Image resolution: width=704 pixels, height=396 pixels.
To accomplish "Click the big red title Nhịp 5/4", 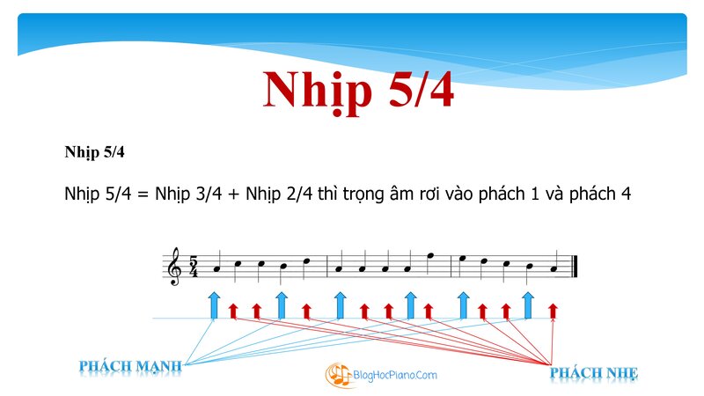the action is coord(358,92).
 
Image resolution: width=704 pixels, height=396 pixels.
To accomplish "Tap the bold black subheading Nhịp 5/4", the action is coord(94,152).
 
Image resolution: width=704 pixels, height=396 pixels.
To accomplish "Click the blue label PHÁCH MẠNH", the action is coord(130,366).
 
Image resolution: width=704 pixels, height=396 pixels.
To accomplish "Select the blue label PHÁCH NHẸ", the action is coord(593,373).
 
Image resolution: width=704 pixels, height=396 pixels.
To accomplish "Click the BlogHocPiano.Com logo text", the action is coord(395,375).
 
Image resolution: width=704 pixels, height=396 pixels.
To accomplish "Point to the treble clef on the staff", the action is coord(173,267).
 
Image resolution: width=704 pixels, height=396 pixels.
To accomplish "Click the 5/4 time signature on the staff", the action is coord(194,267).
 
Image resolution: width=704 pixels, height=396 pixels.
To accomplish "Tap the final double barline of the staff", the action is coord(575,267).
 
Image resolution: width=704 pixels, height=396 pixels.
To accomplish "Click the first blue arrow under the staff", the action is coord(214,305).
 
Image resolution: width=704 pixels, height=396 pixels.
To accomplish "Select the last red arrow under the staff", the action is coord(553,312).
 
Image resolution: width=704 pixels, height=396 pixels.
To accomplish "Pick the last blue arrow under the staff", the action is coord(528,305).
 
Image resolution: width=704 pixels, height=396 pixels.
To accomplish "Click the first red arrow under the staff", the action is coord(233,312).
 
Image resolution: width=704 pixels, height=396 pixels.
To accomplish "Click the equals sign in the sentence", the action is coord(143,194).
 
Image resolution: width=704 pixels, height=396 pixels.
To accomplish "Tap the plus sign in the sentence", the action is coord(233,194).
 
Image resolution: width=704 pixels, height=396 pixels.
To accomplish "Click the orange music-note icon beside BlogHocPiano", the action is coord(338,375).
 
